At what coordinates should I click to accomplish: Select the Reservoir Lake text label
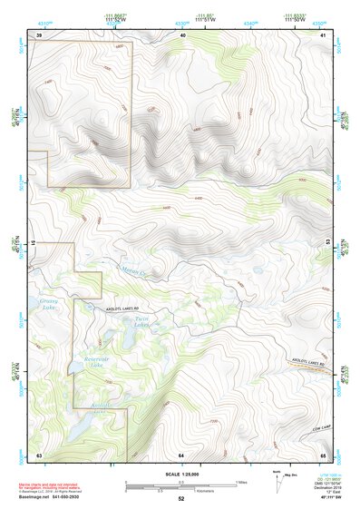(92, 361)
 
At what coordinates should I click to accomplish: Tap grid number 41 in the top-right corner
(324, 34)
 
